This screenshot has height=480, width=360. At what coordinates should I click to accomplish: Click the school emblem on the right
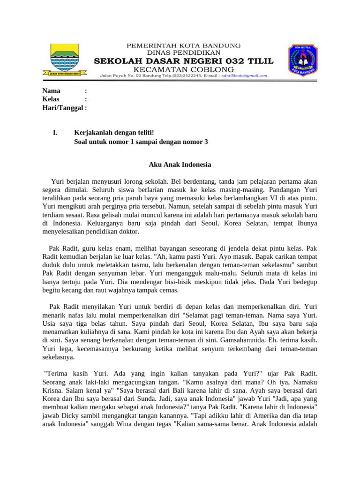[x=302, y=60]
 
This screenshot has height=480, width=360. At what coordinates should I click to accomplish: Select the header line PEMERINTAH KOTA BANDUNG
[x=184, y=45]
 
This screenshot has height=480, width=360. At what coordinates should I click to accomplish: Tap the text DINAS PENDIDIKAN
[x=184, y=52]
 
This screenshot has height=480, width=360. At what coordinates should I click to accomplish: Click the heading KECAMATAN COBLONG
[x=184, y=69]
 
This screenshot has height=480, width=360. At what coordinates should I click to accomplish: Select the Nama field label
[x=51, y=91]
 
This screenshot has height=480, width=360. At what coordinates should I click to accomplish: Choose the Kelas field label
[x=51, y=99]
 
